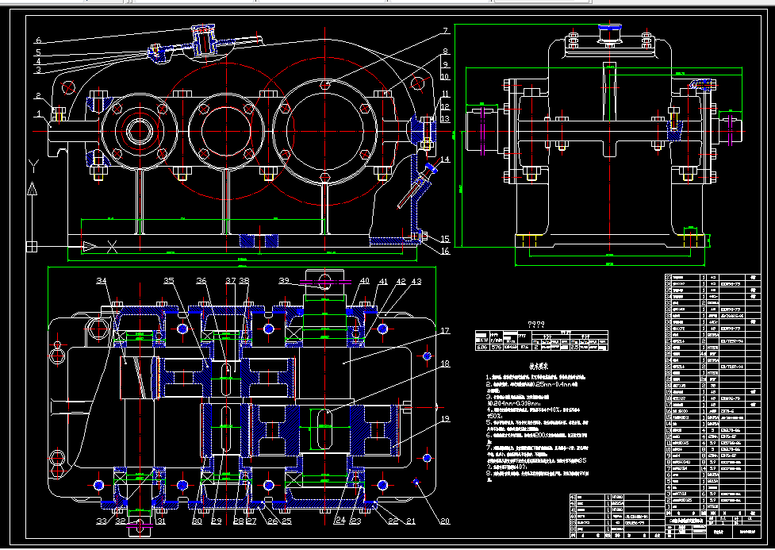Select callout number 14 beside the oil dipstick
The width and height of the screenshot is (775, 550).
pyautogui.click(x=445, y=160)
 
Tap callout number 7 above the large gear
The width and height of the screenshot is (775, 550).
pyautogui.click(x=445, y=32)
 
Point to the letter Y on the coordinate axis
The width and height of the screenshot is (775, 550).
pyautogui.click(x=32, y=165)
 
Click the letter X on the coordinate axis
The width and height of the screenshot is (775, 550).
pyautogui.click(x=113, y=247)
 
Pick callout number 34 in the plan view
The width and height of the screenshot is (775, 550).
pyautogui.click(x=102, y=281)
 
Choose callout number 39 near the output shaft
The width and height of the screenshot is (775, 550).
pyautogui.click(x=284, y=281)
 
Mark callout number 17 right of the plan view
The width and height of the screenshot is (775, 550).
pyautogui.click(x=445, y=331)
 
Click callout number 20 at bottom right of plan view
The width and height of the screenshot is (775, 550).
pyautogui.click(x=444, y=521)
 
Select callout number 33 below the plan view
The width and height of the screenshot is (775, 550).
pyautogui.click(x=102, y=521)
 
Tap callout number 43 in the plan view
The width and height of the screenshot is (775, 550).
pyautogui.click(x=416, y=281)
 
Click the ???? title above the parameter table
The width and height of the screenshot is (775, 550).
pyautogui.click(x=536, y=324)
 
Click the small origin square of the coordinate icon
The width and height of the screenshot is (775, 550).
pyautogui.click(x=33, y=247)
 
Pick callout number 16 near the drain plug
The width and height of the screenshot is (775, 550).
pyautogui.click(x=445, y=252)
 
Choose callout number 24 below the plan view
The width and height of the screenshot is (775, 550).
pyautogui.click(x=340, y=521)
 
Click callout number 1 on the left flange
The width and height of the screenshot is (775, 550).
pyautogui.click(x=37, y=113)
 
